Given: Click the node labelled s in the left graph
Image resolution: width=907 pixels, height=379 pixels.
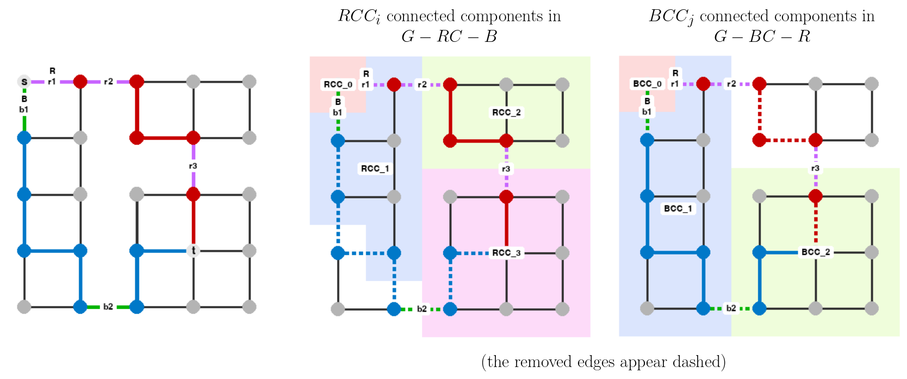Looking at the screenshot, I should (x=24, y=82).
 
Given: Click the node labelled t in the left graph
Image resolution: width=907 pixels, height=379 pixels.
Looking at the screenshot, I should (x=193, y=251).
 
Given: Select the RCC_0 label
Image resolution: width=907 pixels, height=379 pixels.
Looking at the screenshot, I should (x=338, y=84).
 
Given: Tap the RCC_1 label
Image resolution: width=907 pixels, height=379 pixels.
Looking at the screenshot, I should (x=375, y=169).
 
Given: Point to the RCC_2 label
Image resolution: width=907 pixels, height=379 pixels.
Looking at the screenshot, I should (x=506, y=113).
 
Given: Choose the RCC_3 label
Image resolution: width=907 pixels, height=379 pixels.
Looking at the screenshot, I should (x=506, y=253).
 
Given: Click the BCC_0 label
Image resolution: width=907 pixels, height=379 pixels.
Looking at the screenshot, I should (x=647, y=84).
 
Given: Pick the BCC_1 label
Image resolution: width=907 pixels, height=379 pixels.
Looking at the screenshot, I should (x=678, y=208).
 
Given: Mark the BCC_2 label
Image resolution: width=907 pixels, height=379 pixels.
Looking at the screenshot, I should (x=816, y=252).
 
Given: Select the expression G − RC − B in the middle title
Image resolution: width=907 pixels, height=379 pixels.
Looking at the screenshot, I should (x=449, y=36).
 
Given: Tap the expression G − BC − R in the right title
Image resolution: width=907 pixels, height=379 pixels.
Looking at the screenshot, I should (x=762, y=36).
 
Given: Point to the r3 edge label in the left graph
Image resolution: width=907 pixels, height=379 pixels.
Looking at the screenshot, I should (x=193, y=166).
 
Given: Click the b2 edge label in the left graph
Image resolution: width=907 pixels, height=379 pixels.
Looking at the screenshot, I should (x=108, y=307).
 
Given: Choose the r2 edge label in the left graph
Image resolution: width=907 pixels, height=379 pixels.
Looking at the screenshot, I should (x=109, y=82).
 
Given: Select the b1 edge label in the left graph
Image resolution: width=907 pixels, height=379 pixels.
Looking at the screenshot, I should (x=24, y=110).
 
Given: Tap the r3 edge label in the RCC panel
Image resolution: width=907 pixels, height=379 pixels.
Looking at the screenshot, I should (x=506, y=169).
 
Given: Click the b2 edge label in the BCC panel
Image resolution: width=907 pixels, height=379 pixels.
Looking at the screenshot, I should (x=731, y=308).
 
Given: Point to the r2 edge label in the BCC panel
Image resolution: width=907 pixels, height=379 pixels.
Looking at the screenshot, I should (x=731, y=84).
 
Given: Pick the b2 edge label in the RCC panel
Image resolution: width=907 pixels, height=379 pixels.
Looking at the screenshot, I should (x=422, y=309).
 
